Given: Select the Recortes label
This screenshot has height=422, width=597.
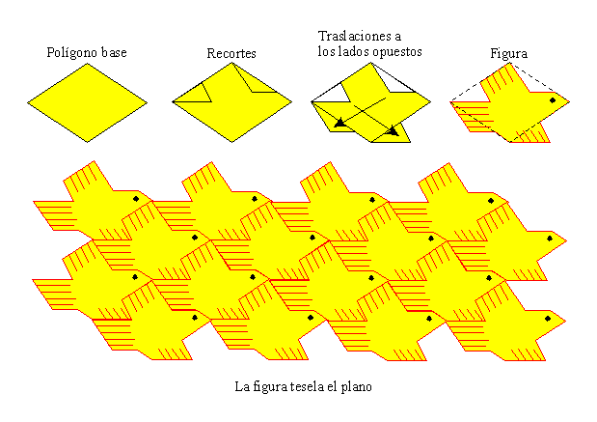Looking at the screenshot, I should pyautogui.click(x=231, y=53).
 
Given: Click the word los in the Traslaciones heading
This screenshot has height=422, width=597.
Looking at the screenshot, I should pyautogui.click(x=329, y=52).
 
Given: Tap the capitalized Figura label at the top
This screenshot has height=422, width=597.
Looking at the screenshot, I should pyautogui.click(x=509, y=53).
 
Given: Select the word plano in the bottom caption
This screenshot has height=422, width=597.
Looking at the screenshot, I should pyautogui.click(x=354, y=387).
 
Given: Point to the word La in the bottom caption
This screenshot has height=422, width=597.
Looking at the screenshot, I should pyautogui.click(x=242, y=386).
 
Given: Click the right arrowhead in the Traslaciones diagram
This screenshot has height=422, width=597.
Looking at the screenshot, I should pyautogui.click(x=393, y=130).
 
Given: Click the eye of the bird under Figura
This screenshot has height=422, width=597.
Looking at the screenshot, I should pyautogui.click(x=553, y=99).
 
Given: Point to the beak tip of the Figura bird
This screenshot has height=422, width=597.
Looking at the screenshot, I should pyautogui.click(x=569, y=101).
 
